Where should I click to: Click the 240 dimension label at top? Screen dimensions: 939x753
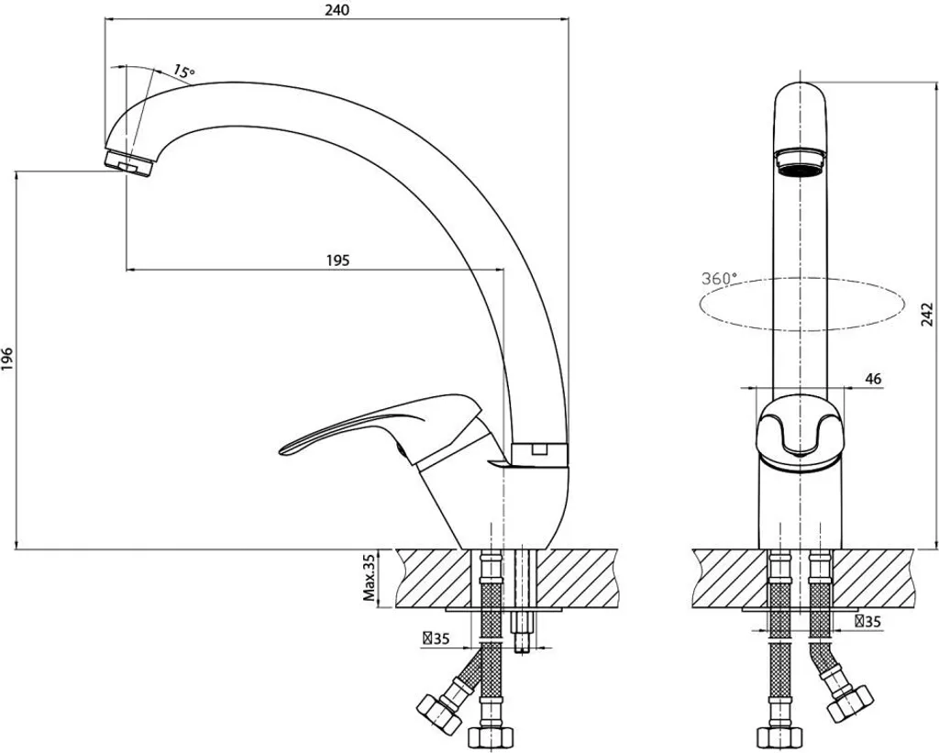pos(337,9)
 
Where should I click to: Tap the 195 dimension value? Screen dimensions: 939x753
pos(337,260)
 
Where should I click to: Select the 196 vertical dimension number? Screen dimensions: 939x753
pos(7,359)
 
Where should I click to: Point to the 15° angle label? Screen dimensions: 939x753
pos(183,72)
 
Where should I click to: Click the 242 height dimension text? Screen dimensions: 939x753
pos(927,315)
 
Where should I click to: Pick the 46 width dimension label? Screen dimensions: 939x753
pos(873,379)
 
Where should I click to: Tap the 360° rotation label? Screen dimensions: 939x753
pos(719,279)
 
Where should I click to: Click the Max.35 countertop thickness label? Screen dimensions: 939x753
pos(370,578)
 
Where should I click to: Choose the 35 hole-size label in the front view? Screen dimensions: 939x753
pos(867,622)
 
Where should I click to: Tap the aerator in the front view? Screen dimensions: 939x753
pos(801,161)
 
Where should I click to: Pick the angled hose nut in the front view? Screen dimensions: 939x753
pos(850,703)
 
